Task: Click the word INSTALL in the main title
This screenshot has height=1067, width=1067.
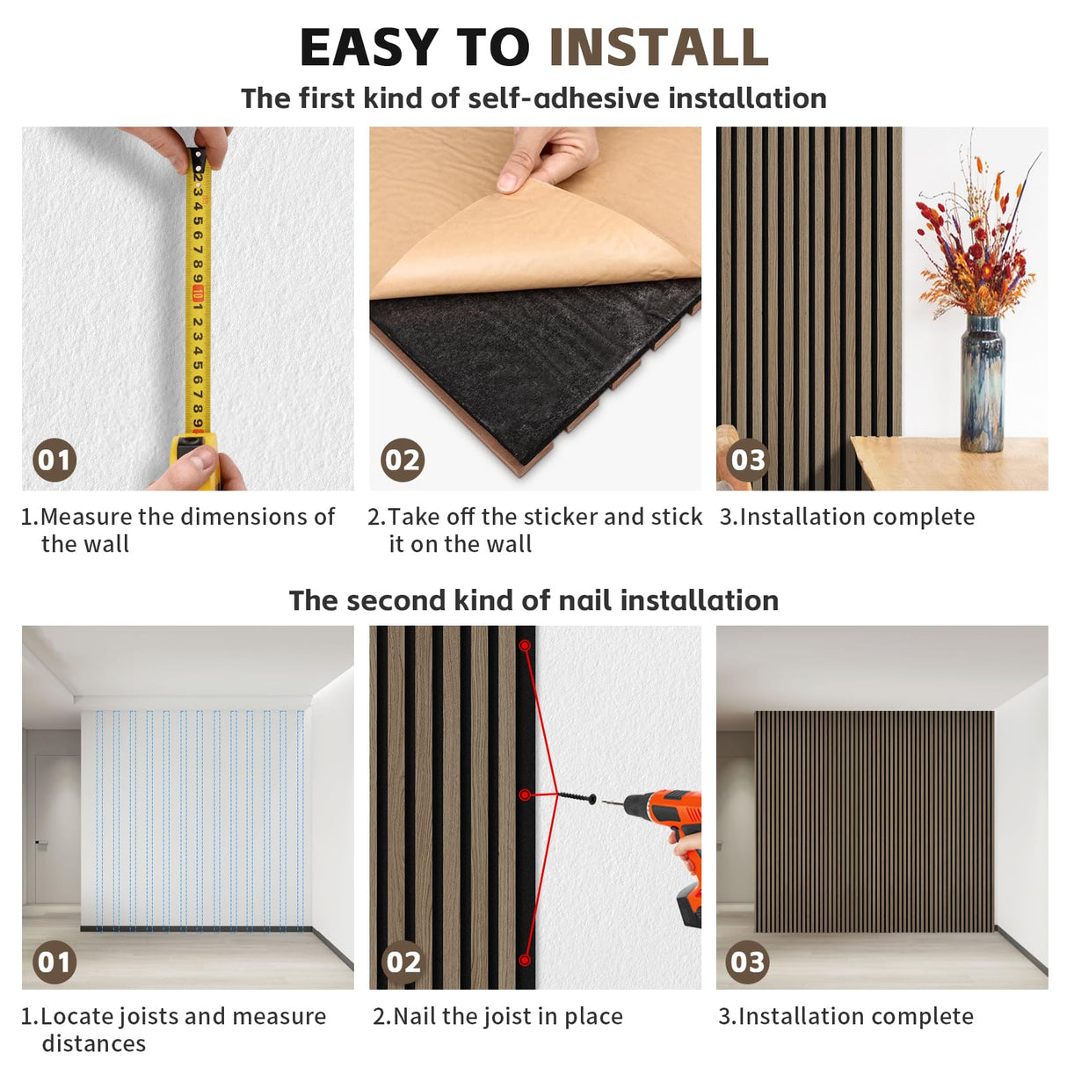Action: point(658,48)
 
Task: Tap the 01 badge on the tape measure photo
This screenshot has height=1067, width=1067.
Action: point(54,460)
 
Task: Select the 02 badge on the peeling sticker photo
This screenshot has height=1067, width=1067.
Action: point(403,460)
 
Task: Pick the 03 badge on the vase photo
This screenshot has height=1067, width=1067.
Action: point(748,460)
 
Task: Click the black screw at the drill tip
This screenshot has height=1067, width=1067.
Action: point(577,798)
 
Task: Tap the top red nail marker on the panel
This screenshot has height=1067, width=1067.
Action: point(525,646)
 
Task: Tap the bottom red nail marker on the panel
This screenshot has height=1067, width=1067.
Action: point(524,961)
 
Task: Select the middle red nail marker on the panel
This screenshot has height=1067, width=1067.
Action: point(525,795)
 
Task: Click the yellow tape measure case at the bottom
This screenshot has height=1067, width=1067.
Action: point(194,457)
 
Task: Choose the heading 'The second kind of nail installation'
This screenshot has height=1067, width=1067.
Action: point(533,600)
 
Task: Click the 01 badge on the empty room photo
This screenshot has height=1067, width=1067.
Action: point(54,962)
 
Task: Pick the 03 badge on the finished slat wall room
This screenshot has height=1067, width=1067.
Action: point(748,962)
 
